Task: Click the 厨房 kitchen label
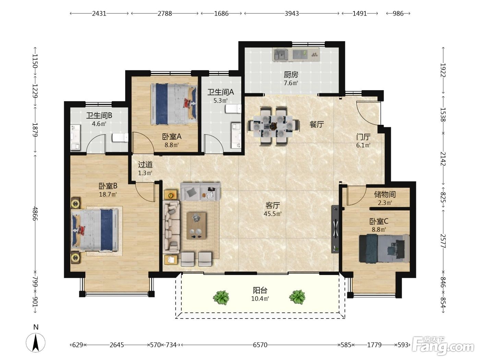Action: click(291, 75)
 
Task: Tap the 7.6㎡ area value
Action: click(291, 83)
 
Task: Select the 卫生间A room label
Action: click(220, 92)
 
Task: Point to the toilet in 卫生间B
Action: click(120, 137)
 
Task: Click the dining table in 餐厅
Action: click(273, 126)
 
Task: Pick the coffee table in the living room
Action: click(196, 226)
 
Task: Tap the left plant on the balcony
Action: click(221, 298)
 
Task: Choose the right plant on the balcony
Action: click(297, 297)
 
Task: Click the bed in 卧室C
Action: click(384, 249)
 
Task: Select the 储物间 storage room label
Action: click(385, 194)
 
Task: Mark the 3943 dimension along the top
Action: click(291, 14)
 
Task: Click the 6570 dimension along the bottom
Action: click(260, 345)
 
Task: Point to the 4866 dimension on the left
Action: click(35, 214)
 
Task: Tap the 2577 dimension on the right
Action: click(443, 241)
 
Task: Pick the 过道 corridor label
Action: click(145, 165)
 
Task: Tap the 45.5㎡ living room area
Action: click(273, 214)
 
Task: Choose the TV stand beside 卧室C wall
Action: click(335, 229)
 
